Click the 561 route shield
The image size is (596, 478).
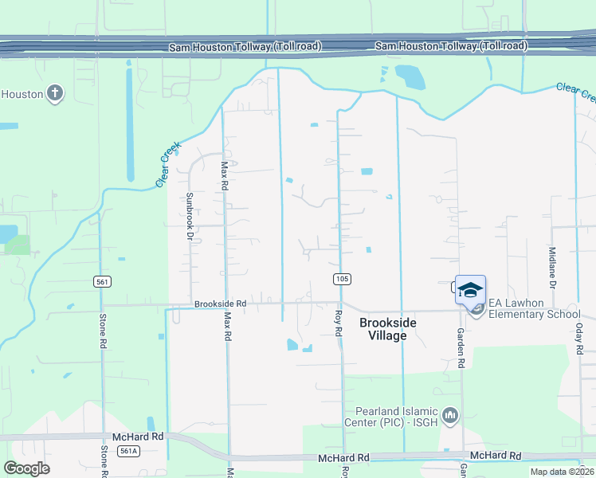[102, 281]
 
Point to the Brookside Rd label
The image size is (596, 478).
[220, 304]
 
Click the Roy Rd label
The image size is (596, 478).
[338, 323]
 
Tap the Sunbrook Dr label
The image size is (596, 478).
[190, 216]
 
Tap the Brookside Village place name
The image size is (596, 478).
[382, 329]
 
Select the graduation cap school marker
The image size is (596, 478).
[470, 289]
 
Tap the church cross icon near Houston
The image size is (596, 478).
[55, 93]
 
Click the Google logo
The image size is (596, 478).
[27, 468]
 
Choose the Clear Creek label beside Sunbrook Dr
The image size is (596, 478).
[169, 165]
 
